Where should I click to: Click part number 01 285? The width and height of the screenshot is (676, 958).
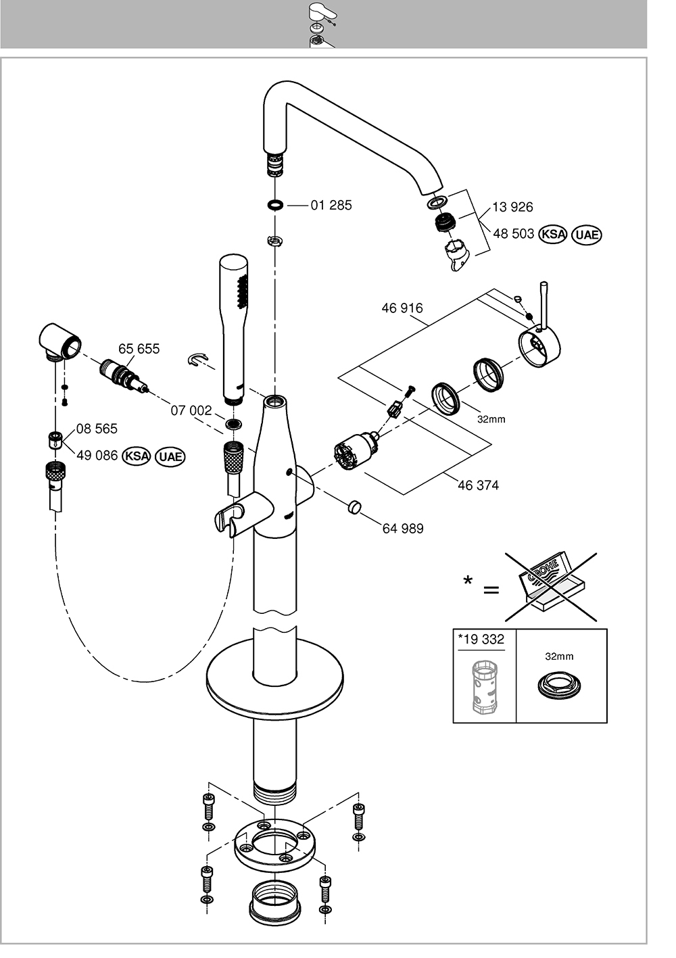click(331, 206)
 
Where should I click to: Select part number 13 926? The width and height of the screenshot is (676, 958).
click(512, 207)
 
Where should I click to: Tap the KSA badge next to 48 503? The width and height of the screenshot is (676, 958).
click(552, 234)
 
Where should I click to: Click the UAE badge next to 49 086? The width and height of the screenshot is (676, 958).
click(170, 456)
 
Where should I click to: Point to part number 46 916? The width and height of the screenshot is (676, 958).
click(402, 308)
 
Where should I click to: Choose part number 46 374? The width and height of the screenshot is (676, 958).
click(478, 485)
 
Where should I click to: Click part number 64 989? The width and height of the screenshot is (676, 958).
click(403, 529)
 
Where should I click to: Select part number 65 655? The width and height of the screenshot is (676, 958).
click(139, 349)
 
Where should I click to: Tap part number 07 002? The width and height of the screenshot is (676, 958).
click(191, 410)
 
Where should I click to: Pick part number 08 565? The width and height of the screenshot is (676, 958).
click(97, 429)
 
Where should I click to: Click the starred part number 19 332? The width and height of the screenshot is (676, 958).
click(481, 640)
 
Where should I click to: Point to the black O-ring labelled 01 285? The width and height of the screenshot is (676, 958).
click(276, 206)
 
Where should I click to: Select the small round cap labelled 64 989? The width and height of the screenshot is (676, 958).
click(354, 508)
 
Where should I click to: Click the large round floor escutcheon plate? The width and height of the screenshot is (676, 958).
click(274, 684)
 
